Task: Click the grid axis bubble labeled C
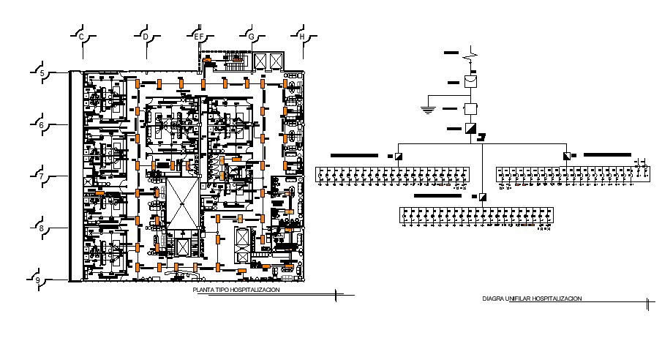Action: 82,36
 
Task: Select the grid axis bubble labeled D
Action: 146,36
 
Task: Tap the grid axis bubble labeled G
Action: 251,36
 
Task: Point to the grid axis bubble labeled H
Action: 301,36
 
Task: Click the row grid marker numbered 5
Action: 42,72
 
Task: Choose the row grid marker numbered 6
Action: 42,125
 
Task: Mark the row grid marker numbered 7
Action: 42,176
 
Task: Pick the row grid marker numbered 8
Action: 42,228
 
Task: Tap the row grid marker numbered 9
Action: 37,280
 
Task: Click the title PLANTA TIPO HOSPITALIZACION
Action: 236,290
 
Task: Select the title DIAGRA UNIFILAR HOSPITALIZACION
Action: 532,299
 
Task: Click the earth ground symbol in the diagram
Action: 426,110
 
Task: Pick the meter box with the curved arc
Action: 473,80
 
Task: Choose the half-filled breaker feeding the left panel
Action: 399,156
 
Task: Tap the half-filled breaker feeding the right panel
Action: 568,155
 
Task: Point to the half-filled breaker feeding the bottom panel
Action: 483,197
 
